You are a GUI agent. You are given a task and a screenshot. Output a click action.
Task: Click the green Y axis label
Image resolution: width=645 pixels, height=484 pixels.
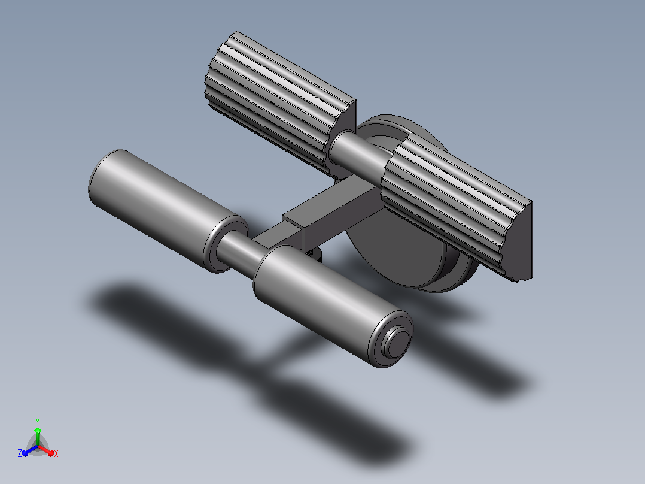(x=38, y=421)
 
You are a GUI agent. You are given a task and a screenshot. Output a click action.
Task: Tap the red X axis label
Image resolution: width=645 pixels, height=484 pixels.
(x=56, y=453)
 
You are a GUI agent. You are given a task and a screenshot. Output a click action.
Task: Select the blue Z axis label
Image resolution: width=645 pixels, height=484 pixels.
(x=20, y=453)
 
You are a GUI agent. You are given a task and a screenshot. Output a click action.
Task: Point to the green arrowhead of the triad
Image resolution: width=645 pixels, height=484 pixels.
(x=38, y=431)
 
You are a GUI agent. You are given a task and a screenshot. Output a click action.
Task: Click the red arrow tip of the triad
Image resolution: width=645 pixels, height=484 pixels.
(x=51, y=453)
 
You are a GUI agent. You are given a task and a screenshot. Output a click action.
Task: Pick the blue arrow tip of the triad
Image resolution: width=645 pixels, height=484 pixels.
(x=25, y=453)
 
